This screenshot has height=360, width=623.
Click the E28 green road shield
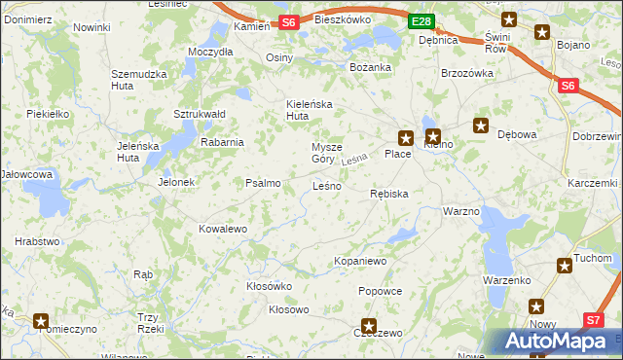[420, 21]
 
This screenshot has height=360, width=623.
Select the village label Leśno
[326, 185]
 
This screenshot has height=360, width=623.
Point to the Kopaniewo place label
[361, 261]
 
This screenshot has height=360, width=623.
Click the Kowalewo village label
[223, 229]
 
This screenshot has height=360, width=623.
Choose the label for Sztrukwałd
[200, 114]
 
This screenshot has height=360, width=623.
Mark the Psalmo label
[263, 182]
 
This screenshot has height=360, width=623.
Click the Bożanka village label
[370, 67]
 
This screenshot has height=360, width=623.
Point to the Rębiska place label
[389, 194]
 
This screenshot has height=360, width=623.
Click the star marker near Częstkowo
[369, 327]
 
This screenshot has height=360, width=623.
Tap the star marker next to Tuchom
[564, 265]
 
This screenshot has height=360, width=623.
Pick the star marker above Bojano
[541, 32]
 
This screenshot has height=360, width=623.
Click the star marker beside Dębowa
[480, 126]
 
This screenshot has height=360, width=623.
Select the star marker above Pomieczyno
[41, 319]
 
